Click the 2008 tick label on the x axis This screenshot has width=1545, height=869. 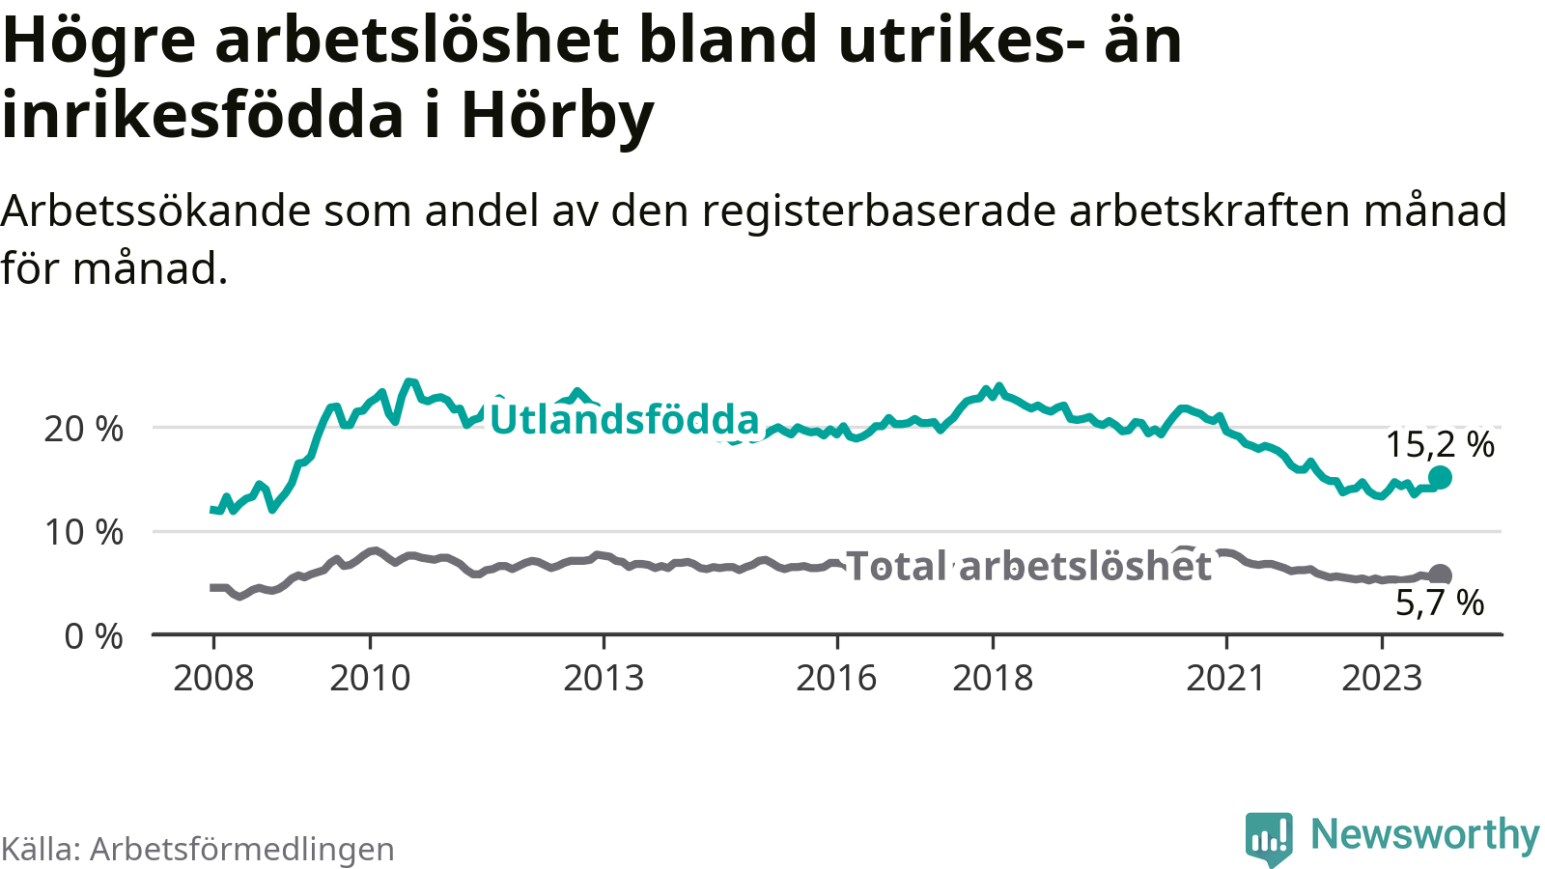point(213,678)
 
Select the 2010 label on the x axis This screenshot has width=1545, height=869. point(370,678)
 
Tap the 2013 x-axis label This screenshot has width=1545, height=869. point(604,678)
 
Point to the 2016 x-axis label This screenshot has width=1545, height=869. point(836,678)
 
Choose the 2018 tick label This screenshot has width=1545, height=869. point(993,678)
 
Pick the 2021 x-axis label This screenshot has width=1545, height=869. point(1225,678)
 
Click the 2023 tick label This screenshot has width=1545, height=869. point(1382,678)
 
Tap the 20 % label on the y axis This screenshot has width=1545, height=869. point(84,429)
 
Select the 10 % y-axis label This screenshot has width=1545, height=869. point(84,532)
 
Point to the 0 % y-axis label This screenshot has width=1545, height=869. point(94,636)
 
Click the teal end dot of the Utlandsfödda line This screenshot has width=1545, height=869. point(1440,477)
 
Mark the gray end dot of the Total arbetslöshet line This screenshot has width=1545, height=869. point(1440,575)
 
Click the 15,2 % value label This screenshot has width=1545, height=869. point(1440,444)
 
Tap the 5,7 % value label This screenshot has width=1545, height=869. point(1440,603)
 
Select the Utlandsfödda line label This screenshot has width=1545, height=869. point(625,420)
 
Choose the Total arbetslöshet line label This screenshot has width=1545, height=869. point(1028,566)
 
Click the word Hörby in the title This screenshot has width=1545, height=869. point(557,115)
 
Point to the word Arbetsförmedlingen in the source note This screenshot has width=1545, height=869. point(242,849)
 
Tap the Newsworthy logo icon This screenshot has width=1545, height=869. point(1268,837)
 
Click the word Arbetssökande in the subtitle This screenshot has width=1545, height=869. point(155,210)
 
